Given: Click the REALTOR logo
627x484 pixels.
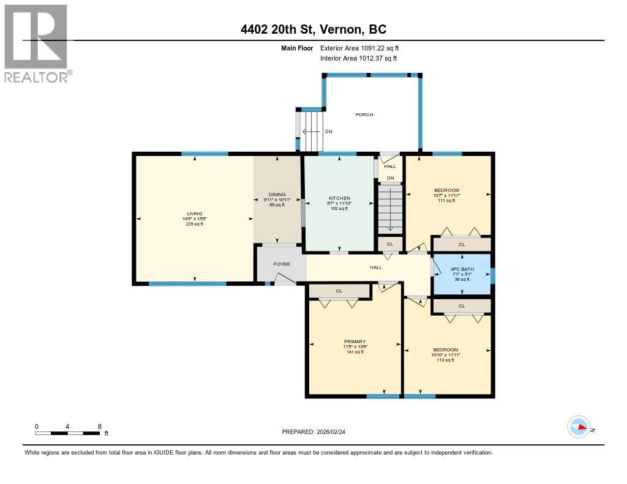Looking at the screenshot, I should pos(37,43).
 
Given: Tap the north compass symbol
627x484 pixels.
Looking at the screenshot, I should pos(579,427).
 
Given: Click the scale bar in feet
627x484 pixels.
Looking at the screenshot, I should pos(67,433).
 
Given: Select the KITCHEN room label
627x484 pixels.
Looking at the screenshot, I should pos(339,198).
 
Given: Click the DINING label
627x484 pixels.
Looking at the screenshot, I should pos(277,195).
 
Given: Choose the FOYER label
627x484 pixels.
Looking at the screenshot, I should pos(281,264).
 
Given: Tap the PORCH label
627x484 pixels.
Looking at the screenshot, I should pos(364,114).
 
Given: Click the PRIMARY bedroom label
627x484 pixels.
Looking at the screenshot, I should pos(355,341).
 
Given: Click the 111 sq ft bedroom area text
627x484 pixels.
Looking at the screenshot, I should pos(446,201).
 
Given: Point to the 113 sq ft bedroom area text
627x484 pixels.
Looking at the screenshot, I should pos(445,360).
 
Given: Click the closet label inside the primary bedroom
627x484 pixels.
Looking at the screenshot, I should pos(339,291).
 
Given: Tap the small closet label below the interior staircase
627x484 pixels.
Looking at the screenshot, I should pos(390,244).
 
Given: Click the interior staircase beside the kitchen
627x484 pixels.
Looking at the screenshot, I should pos(390,208).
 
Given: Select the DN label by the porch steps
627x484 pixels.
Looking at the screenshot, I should pos(328,131).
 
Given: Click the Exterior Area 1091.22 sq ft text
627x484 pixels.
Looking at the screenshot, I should pos(359,48).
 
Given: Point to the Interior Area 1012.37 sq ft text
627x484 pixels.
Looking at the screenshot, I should pos(358,58).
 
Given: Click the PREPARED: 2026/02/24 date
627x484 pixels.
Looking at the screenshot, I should pos(317,431).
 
